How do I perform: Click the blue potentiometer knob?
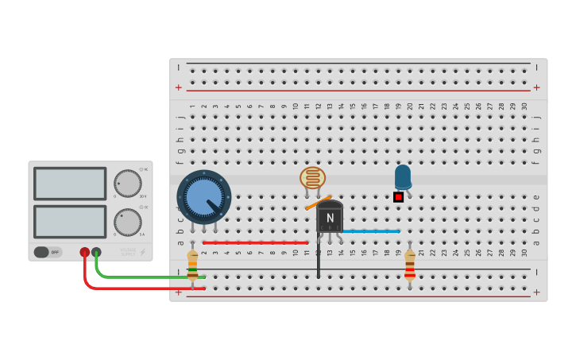pos(204,196)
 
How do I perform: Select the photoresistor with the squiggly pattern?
pos(312,177)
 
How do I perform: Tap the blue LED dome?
pos(403,176)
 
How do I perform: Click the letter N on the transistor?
pos(330,218)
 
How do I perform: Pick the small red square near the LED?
pos(398,196)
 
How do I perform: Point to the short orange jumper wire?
pos(317,203)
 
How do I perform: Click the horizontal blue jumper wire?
pos(370,231)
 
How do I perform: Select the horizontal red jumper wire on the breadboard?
pos(255,242)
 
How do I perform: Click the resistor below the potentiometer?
pos(192,265)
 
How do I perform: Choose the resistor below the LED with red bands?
pos(409,265)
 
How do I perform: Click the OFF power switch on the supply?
pos(47,252)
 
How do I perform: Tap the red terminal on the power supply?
pos(84,252)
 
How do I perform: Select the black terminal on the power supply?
pos(96,252)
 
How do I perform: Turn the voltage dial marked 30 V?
pos(127,183)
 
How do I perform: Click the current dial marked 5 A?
pos(127,222)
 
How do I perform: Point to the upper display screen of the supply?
pos(70,184)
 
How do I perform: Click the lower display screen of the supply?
pos(70,222)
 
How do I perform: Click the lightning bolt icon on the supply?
pos(143,253)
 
